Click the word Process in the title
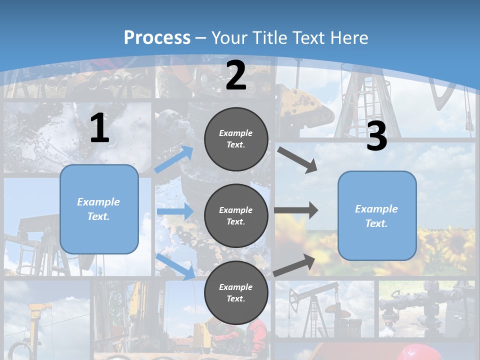click(157, 38)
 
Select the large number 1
click(99, 128)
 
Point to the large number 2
click(236, 76)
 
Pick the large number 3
click(377, 136)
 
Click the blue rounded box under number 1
click(99, 209)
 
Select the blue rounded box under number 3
click(377, 216)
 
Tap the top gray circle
click(236, 139)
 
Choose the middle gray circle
click(236, 216)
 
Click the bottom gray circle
click(236, 293)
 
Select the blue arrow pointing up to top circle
click(174, 159)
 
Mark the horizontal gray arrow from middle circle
click(296, 210)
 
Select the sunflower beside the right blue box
click(452, 240)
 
